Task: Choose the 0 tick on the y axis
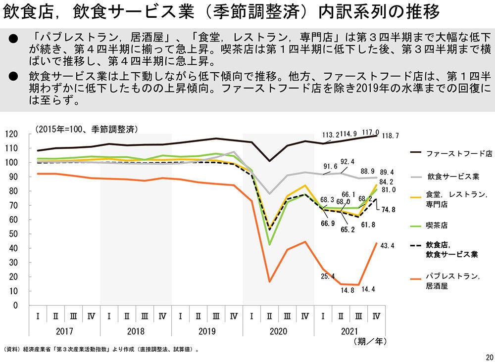click(x=15, y=305)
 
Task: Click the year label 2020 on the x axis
click(x=278, y=331)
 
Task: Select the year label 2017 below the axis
click(x=64, y=331)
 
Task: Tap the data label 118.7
click(x=393, y=136)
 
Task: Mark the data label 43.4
click(x=387, y=246)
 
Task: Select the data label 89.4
click(x=387, y=172)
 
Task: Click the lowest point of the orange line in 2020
click(x=270, y=281)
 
